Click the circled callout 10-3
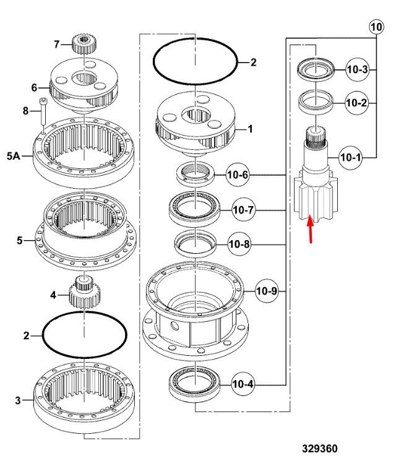pos(357,70)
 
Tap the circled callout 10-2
pos(356,103)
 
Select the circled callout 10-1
pos(350,158)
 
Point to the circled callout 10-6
pos(237,175)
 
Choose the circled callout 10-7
pos(243,210)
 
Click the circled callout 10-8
pos(239,244)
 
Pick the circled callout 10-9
pos(267,291)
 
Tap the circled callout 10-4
pos(243,384)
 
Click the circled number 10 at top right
pos(376,27)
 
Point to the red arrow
pos(310,230)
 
